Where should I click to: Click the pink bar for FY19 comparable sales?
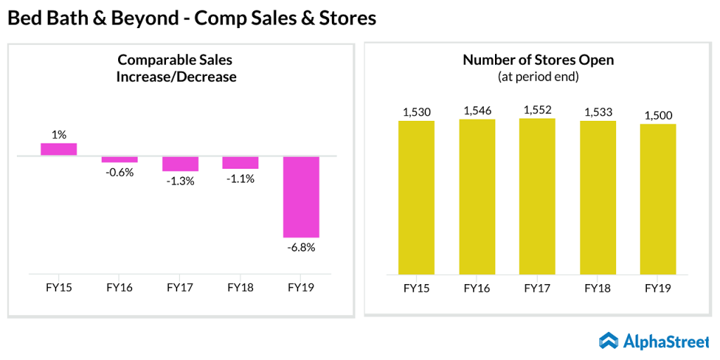coord(301,197)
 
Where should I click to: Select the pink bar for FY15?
coord(58,149)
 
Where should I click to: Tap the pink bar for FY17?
coord(180,163)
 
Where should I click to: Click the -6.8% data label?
coord(301,247)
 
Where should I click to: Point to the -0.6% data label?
coord(120,172)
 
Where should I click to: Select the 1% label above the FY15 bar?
coord(58,134)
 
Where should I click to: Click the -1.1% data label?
coord(240,179)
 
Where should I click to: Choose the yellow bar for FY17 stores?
coord(537,196)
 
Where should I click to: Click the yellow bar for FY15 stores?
coord(416,198)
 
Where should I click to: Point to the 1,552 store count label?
coord(537,109)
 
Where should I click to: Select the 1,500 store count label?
coord(658,115)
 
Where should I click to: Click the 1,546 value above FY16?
coord(477,110)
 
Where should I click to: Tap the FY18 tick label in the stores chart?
coord(598,288)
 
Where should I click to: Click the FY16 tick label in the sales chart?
coord(120,288)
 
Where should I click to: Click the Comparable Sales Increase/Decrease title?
coord(176,68)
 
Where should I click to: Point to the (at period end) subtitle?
coord(538,76)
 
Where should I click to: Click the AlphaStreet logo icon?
coord(609,341)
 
